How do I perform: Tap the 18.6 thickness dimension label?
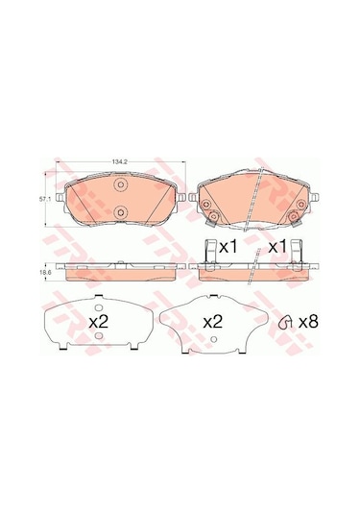pos(44,272)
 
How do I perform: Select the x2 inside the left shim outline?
pos(99,322)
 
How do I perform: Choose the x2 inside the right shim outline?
pos(213,322)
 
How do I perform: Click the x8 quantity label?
pos(306,322)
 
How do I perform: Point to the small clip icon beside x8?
pos(284,324)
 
